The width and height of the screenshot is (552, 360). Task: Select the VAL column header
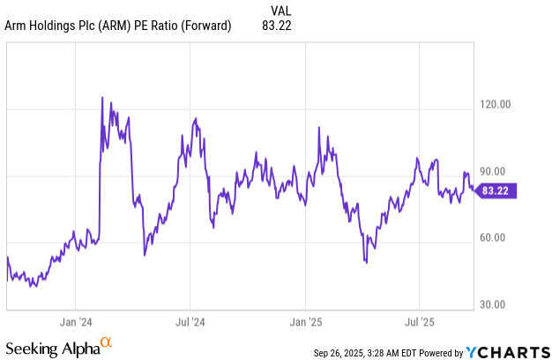coord(278,10)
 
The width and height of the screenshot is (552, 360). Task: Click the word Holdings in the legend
coord(52,26)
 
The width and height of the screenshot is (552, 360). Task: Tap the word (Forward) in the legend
coord(205,26)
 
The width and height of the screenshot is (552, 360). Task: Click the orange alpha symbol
coord(106,341)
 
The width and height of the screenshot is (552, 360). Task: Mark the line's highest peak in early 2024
coord(103,97)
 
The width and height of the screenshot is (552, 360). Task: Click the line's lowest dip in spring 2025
coord(365,262)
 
